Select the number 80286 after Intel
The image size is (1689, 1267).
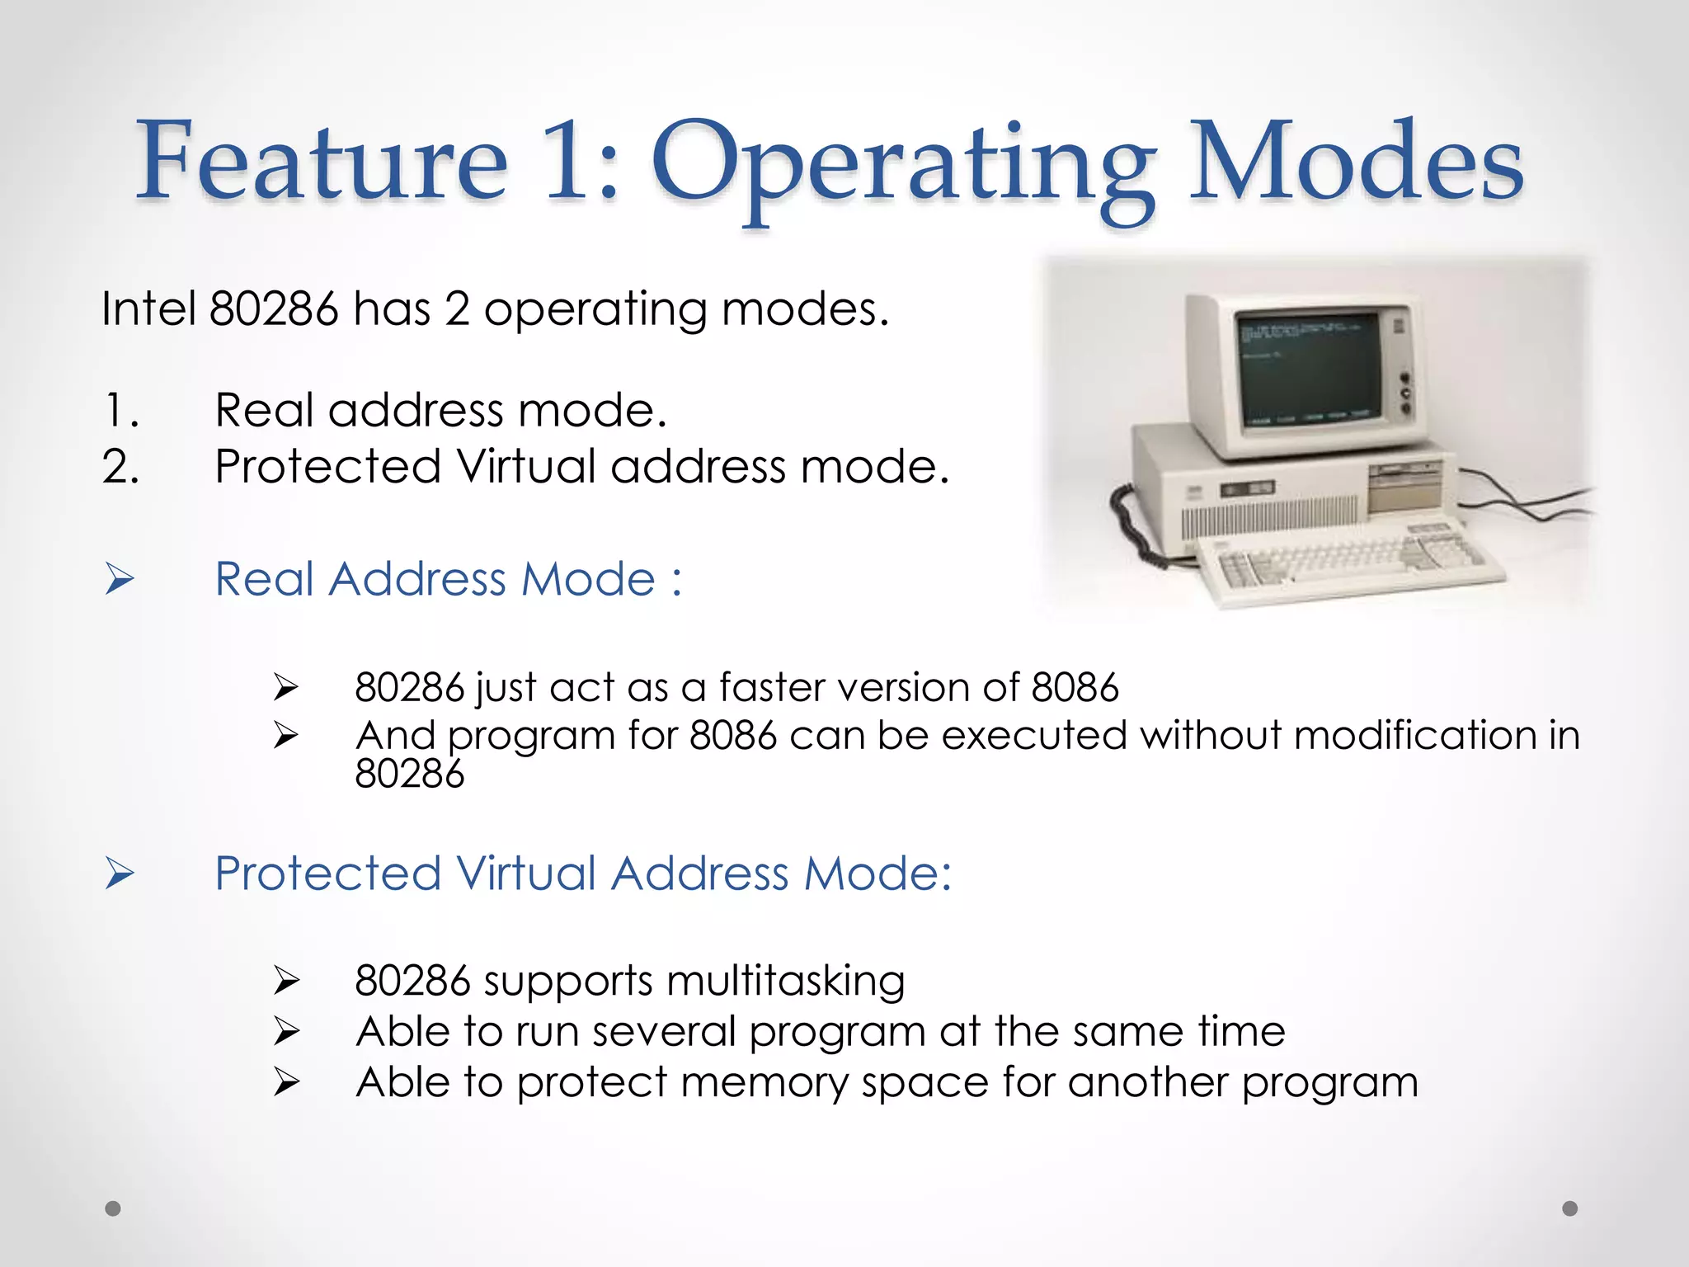274,309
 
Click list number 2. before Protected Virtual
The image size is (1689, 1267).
121,467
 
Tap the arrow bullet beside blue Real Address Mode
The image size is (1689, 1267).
120,579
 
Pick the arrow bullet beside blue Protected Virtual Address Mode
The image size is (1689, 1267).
120,874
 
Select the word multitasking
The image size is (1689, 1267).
785,982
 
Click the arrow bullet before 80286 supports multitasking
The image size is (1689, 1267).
286,981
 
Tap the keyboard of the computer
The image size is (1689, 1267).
1353,561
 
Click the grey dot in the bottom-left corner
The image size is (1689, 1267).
113,1208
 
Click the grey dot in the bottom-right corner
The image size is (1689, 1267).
1570,1208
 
